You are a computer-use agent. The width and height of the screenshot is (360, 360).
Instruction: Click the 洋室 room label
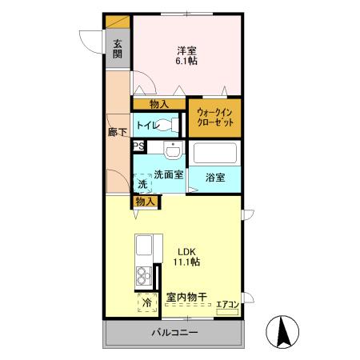(186, 50)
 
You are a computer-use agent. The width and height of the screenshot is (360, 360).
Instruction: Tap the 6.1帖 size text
(186, 61)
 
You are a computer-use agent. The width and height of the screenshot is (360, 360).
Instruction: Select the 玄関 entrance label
(117, 49)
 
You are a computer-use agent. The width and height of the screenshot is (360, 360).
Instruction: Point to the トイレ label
(146, 126)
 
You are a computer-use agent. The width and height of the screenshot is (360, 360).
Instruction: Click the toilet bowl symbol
(168, 126)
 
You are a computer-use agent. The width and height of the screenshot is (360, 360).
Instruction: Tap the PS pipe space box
(138, 146)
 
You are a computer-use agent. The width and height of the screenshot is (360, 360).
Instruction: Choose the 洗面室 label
(170, 174)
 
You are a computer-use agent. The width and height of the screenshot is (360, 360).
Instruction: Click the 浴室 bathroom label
(214, 177)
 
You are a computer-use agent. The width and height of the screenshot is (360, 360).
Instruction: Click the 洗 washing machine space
(142, 185)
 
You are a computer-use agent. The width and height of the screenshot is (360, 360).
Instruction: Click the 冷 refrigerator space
(147, 303)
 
